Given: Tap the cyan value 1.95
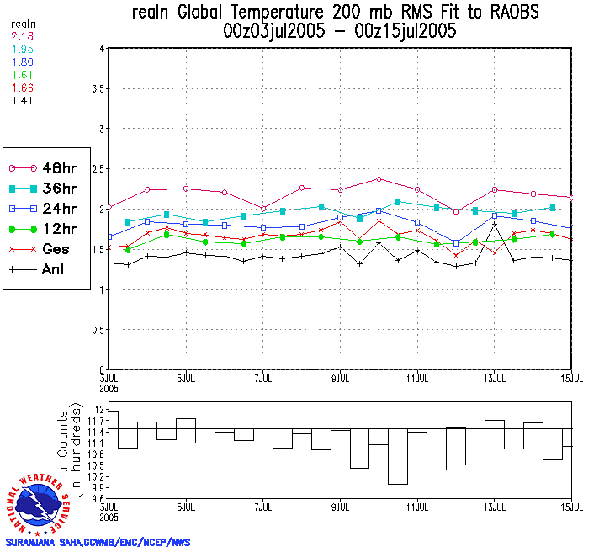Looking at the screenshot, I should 23,50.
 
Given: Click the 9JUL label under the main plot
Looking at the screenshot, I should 341,379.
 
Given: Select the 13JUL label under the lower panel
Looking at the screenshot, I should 495,510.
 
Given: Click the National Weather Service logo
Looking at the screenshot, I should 41,502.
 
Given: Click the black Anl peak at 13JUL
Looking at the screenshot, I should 495,225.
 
